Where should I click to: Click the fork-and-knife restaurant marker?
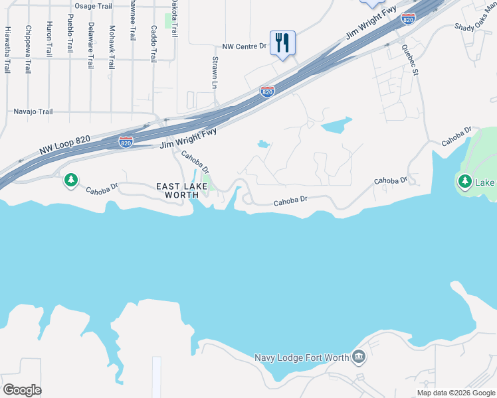(282, 43)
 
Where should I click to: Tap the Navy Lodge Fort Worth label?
(302, 358)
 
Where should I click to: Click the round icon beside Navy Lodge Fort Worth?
(359, 358)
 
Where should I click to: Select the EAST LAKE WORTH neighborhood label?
(177, 190)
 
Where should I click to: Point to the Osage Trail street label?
(94, 6)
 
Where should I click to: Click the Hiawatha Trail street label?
(8, 40)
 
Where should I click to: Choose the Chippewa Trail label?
(28, 49)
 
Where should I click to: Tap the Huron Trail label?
(49, 38)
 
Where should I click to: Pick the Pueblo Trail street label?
(70, 34)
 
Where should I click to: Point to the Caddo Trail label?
(153, 40)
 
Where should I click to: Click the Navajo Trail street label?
(33, 111)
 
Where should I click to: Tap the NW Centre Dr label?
(244, 47)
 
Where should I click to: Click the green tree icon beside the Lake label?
(465, 180)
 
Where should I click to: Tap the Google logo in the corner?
(22, 389)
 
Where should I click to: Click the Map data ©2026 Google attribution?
(455, 393)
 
